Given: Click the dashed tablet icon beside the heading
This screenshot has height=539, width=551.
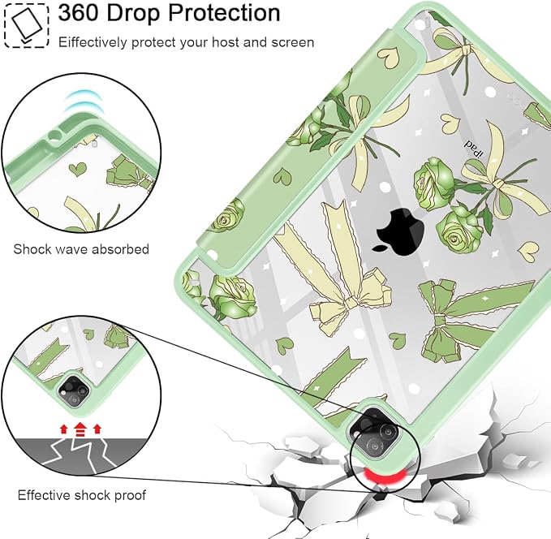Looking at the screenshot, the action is click(x=26, y=25).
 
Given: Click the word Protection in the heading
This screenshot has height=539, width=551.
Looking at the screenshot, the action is click(x=224, y=13).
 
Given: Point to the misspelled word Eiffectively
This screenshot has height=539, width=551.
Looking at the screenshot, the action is click(x=93, y=42).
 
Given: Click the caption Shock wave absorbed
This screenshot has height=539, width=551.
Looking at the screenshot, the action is click(x=81, y=249).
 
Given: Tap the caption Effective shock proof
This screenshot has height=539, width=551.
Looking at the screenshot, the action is click(x=81, y=495).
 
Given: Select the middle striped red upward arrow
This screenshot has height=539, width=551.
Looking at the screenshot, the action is click(x=80, y=429).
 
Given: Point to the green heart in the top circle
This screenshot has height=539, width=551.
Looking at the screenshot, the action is click(x=78, y=169).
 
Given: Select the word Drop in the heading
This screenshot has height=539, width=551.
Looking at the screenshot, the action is click(x=134, y=13).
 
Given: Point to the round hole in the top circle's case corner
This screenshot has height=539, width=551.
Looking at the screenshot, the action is click(x=54, y=136).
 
